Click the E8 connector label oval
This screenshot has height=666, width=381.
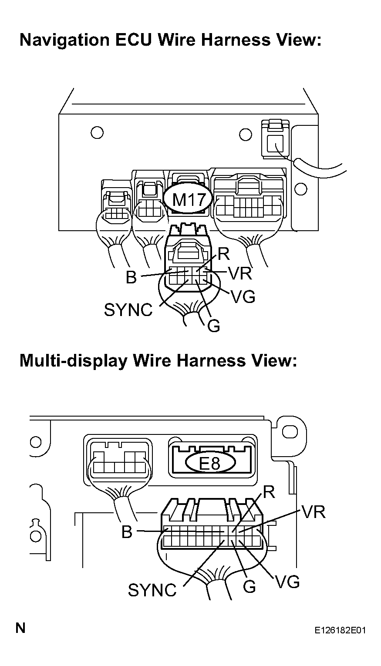[210, 463]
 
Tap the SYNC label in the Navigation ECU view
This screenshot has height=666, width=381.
[128, 310]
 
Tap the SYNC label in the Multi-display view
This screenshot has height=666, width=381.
[152, 590]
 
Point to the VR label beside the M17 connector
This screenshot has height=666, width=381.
[240, 273]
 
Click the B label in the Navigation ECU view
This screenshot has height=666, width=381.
[131, 277]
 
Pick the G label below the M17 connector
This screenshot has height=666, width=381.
[213, 326]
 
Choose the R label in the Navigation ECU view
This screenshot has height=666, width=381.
[224, 254]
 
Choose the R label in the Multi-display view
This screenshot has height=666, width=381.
[269, 493]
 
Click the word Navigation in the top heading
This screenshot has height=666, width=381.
[64, 40]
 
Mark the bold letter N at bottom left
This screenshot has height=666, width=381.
[20, 628]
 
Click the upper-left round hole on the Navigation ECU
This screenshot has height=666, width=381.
[97, 132]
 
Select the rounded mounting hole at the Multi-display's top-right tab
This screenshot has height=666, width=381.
[290, 431]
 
